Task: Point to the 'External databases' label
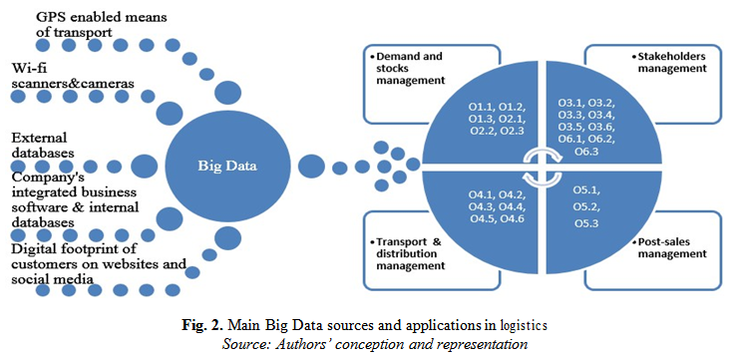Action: (x=46, y=145)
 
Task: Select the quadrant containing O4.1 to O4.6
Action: (x=495, y=205)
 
